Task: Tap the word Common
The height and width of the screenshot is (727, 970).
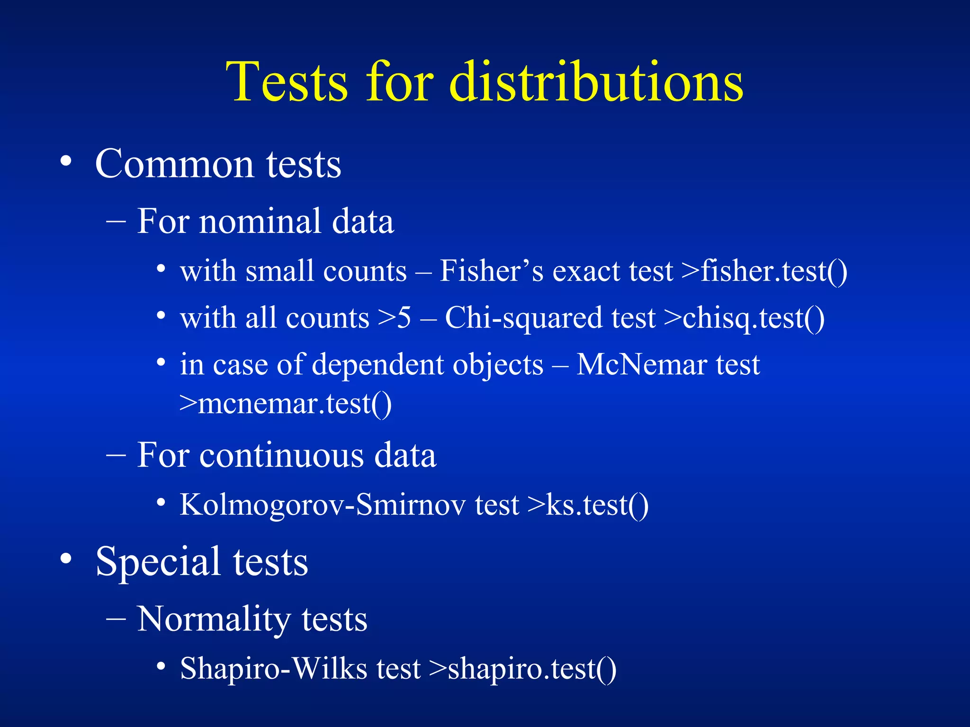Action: pos(175,164)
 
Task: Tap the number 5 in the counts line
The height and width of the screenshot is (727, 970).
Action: pos(404,318)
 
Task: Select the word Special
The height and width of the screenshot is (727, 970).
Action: pos(158,562)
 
